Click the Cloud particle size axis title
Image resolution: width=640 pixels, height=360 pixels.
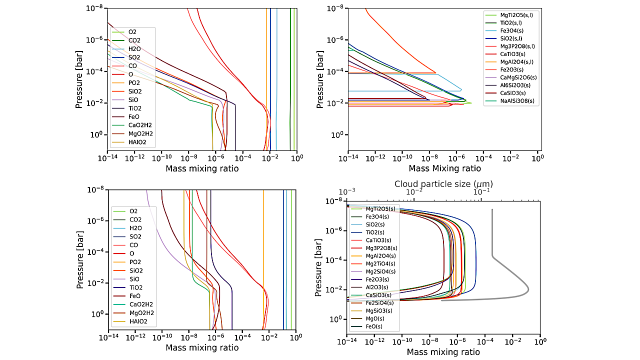point(443,183)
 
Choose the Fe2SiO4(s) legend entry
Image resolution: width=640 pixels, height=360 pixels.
point(380,302)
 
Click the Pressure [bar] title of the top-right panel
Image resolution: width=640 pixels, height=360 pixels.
point(320,78)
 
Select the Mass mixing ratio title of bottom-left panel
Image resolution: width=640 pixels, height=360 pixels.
point(202,347)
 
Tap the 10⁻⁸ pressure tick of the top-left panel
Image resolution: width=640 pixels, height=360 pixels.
point(94,7)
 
